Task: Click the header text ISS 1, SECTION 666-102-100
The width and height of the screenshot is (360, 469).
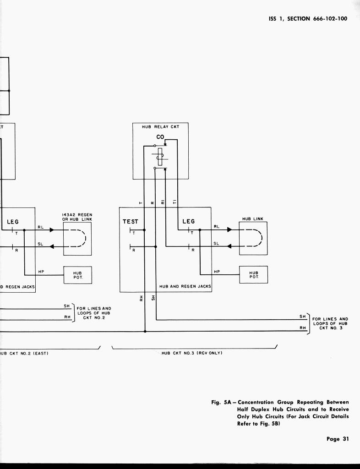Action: [308, 19]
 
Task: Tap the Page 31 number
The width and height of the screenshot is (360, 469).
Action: [338, 439]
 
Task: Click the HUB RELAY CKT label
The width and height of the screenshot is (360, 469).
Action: [160, 126]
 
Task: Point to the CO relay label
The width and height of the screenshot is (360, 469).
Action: [160, 137]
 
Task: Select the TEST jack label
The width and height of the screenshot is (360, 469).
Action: [130, 222]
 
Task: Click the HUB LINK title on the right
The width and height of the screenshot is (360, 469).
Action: [253, 219]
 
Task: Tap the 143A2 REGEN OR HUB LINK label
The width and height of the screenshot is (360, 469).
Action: [77, 217]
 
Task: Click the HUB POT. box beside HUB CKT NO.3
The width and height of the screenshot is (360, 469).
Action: [254, 275]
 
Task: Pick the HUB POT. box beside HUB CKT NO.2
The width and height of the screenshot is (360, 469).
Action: [77, 275]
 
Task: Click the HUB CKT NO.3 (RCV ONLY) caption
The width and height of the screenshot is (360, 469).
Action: [192, 353]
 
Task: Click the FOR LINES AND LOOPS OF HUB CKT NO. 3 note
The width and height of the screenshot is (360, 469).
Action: [330, 323]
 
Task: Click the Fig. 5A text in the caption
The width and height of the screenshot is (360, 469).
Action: [222, 403]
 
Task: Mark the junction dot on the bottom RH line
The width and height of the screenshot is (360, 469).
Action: [145, 331]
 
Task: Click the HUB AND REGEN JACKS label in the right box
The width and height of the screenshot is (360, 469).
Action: [185, 287]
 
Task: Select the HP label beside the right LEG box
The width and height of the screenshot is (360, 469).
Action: [217, 272]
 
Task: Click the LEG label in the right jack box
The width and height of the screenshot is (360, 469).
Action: [189, 222]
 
